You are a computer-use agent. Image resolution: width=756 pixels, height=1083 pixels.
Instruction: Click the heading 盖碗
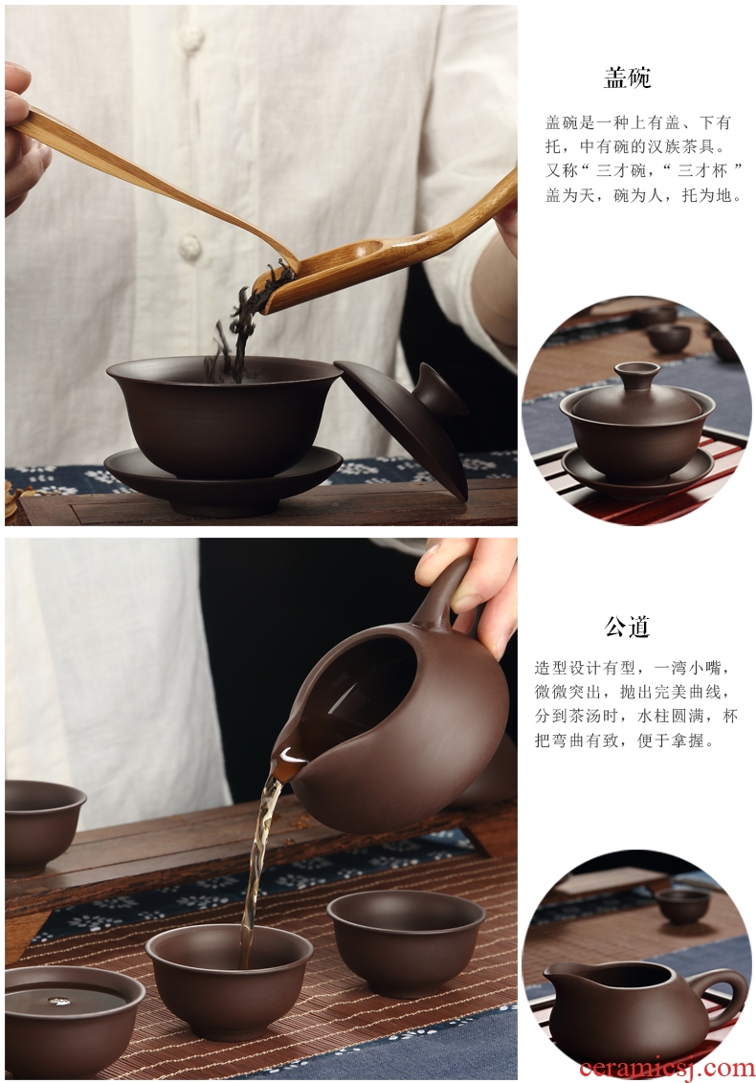tap(627, 77)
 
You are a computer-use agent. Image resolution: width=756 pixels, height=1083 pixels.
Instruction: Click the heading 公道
tap(627, 627)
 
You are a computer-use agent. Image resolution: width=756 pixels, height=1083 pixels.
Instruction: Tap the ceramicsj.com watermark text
tap(667, 1068)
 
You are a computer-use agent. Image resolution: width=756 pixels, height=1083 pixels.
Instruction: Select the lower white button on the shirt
tap(189, 244)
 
